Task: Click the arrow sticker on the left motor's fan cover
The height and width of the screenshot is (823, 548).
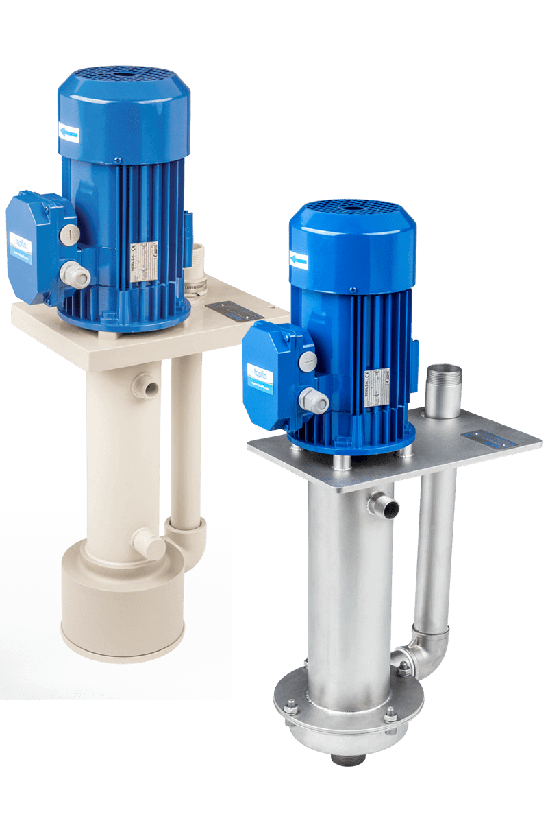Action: [x=68, y=134]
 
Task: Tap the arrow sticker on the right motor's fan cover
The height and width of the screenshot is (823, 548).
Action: [x=299, y=260]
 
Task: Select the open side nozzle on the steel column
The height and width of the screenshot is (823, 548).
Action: [x=385, y=508]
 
